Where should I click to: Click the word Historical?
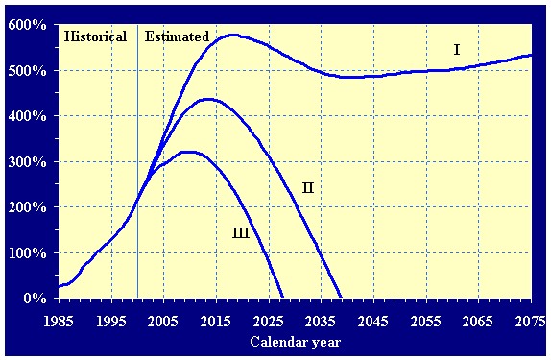95,36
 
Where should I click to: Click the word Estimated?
177,36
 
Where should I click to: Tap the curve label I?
457,49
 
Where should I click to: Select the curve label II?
307,187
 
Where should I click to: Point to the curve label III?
242,232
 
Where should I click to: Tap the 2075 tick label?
529,320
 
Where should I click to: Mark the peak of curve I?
231,36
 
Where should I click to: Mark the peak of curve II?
206,99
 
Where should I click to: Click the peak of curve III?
188,152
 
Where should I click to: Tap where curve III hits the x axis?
283,298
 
